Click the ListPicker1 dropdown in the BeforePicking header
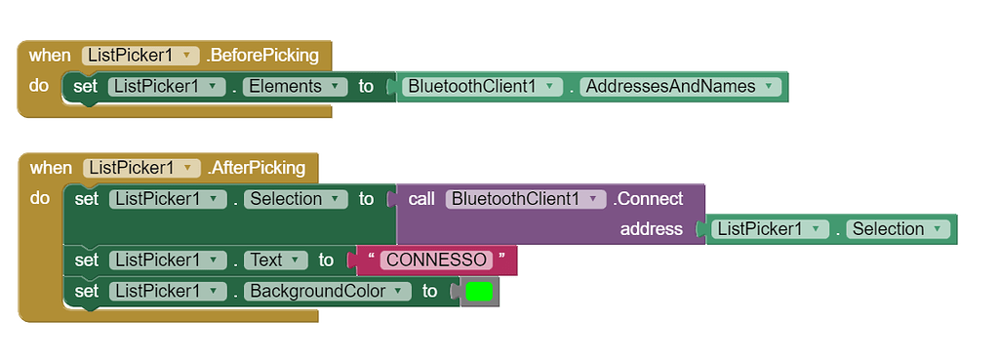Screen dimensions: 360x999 point(140,56)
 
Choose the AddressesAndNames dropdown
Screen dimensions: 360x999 point(682,87)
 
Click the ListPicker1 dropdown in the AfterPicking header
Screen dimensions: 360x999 point(141,168)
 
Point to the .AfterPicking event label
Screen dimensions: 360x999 point(257,168)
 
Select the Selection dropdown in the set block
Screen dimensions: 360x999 point(295,199)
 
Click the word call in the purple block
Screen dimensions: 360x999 point(421,199)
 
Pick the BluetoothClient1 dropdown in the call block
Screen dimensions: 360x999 point(526,199)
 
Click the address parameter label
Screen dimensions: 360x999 point(651,229)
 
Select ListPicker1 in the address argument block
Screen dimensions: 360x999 point(769,229)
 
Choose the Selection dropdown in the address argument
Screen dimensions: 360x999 point(897,229)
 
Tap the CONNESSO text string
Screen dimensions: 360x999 point(436,260)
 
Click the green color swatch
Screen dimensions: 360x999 point(479,291)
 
